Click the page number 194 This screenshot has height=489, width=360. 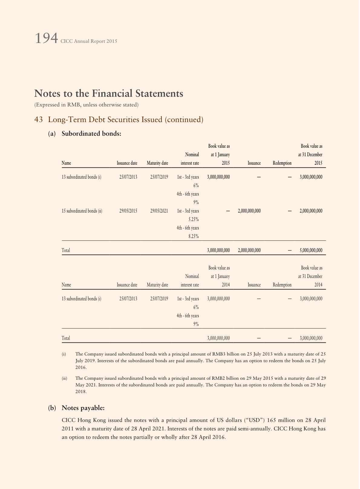click(46, 39)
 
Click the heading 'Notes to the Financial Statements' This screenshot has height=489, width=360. click(109, 94)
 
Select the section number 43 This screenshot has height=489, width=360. click(38, 120)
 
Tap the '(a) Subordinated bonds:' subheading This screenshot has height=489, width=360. click(85, 134)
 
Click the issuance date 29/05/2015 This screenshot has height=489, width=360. click(128, 211)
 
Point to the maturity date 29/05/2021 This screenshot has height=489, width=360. click(159, 211)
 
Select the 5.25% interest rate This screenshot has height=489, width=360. click(194, 220)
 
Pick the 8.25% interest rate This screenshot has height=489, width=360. click(194, 236)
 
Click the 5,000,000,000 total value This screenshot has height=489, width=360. click(311, 250)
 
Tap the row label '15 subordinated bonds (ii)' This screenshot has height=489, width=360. click(82, 211)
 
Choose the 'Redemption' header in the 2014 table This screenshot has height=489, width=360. click(282, 285)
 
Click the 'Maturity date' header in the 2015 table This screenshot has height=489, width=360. click(157, 163)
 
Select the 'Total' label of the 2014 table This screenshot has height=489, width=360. click(66, 338)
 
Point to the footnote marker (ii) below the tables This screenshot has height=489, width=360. click(64, 378)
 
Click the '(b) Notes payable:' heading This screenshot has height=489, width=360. click(77, 408)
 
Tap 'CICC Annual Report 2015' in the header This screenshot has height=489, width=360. click(89, 41)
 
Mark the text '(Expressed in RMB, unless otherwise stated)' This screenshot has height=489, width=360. click(87, 105)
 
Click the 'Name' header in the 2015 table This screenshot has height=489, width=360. click(66, 163)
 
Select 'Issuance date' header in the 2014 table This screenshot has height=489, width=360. click(127, 285)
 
